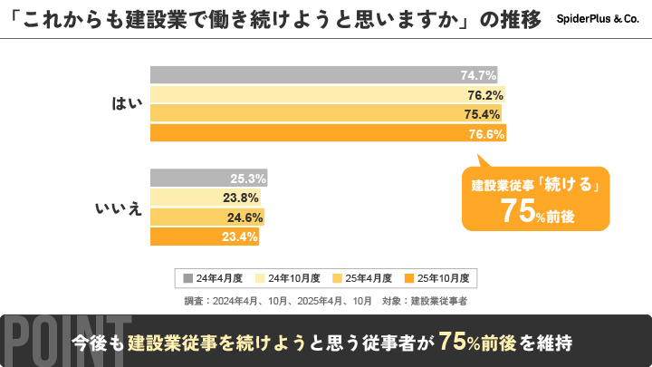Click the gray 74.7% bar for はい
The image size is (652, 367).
pyautogui.click(x=323, y=75)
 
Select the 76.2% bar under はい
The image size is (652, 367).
pyautogui.click(x=327, y=94)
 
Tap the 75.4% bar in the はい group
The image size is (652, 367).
pyautogui.click(x=325, y=114)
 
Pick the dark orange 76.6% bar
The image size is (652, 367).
pyautogui.click(x=328, y=134)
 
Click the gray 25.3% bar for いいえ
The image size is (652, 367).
pyautogui.click(x=207, y=179)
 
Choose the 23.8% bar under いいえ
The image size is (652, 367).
pyautogui.click(x=205, y=198)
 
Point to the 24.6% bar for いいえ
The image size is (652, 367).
pyautogui.click(x=206, y=217)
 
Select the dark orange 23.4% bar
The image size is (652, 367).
pyautogui.click(x=204, y=237)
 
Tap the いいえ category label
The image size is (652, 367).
pyautogui.click(x=119, y=208)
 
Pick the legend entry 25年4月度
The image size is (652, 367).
pyautogui.click(x=362, y=277)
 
